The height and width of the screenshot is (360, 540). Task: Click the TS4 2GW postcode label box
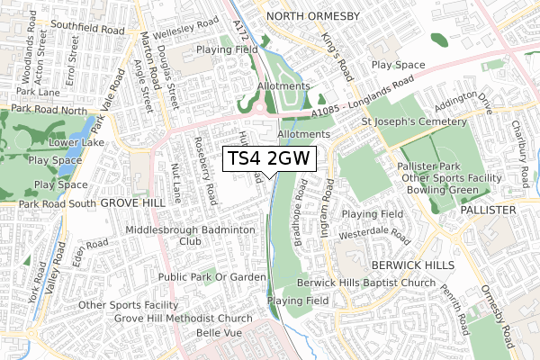(x=269, y=159)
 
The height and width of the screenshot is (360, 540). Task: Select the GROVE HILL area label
(x=133, y=203)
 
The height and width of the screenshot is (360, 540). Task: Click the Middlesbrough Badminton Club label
(x=191, y=236)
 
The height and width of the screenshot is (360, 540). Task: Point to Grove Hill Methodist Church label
(x=184, y=319)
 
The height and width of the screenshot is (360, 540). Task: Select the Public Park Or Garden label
(x=212, y=277)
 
